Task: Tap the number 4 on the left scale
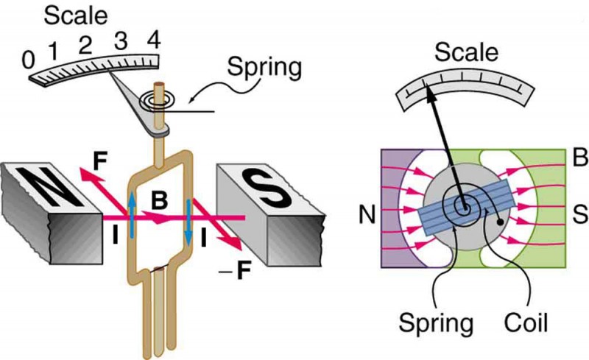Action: click(153, 36)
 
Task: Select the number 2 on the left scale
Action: click(85, 43)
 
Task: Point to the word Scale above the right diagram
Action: click(465, 52)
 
